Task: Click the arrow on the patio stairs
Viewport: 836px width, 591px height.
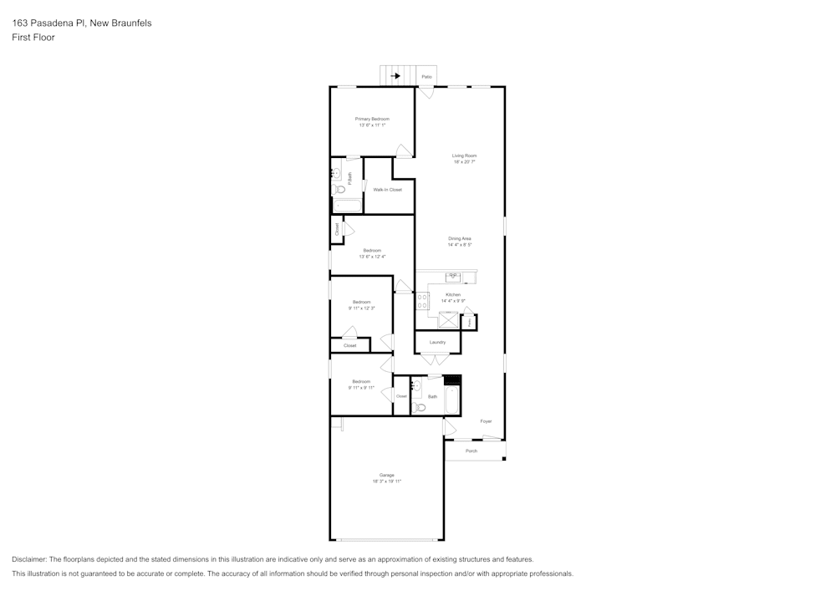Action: (395, 75)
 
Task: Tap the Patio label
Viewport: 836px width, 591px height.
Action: (426, 77)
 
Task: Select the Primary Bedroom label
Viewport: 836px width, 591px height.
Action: (372, 119)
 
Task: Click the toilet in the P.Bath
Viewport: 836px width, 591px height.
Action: (339, 189)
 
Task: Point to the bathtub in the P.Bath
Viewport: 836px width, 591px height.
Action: (347, 206)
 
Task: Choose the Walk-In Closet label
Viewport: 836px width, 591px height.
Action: (387, 190)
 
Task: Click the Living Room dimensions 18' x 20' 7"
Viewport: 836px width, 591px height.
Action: (464, 162)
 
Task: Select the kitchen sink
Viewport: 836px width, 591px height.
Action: (453, 277)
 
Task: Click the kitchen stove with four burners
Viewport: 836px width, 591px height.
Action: (422, 301)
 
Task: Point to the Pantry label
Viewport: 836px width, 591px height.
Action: (469, 321)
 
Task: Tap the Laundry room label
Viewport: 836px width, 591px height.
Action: (437, 342)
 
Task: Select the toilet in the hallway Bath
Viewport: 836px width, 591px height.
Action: (420, 407)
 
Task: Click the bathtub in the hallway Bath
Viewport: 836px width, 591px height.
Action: (452, 400)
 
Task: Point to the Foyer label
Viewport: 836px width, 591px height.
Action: (486, 421)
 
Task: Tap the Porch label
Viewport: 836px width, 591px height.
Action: (472, 451)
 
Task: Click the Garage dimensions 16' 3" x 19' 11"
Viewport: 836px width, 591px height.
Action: (387, 481)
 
